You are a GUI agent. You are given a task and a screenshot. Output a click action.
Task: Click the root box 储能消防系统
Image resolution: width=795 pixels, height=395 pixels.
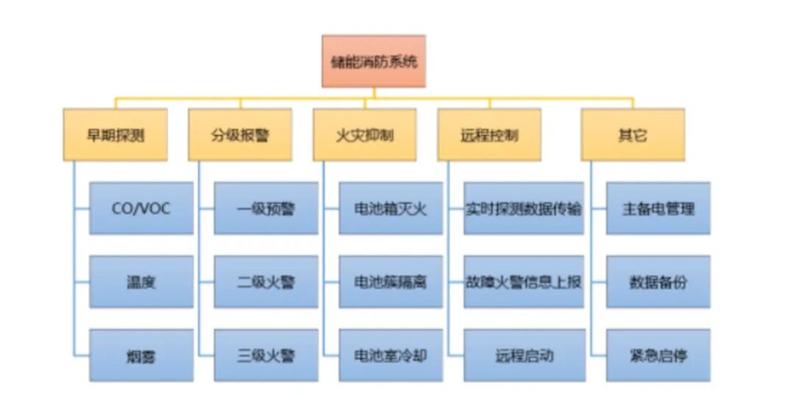point(372,61)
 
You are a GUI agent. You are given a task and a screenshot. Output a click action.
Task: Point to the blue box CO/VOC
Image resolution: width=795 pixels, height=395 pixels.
point(141,208)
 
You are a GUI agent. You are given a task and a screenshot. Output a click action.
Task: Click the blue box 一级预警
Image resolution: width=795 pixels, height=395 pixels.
point(266,208)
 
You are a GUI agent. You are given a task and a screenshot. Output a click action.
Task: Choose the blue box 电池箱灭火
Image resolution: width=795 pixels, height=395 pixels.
point(390,208)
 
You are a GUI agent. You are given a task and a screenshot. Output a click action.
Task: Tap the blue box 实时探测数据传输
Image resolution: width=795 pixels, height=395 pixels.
point(524,208)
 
